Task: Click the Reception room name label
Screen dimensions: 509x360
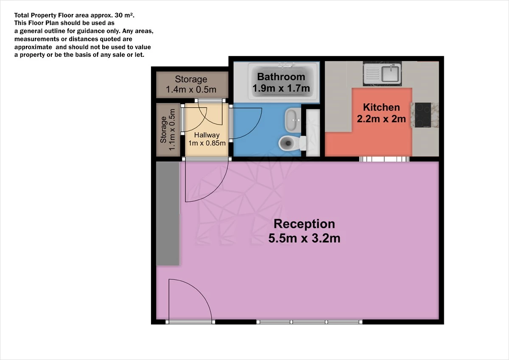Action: tap(304, 224)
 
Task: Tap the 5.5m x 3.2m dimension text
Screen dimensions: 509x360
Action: tap(304, 238)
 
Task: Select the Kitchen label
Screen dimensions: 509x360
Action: tap(381, 107)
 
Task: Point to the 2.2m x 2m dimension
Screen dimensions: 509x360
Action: tap(381, 119)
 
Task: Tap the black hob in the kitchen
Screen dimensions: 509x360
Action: tap(423, 115)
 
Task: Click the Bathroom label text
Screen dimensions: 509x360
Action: tap(281, 77)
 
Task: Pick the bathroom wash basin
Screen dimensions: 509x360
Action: tap(293, 120)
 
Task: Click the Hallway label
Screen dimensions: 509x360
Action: tap(207, 135)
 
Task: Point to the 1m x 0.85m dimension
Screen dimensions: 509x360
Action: tap(207, 143)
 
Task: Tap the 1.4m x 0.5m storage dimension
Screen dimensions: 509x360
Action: tap(191, 89)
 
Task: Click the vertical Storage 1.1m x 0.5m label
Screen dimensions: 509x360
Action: tap(168, 130)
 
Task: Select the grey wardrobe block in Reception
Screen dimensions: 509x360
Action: tap(168, 213)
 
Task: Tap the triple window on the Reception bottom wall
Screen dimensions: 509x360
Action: tap(309, 322)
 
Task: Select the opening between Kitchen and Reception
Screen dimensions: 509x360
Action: tap(384, 159)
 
